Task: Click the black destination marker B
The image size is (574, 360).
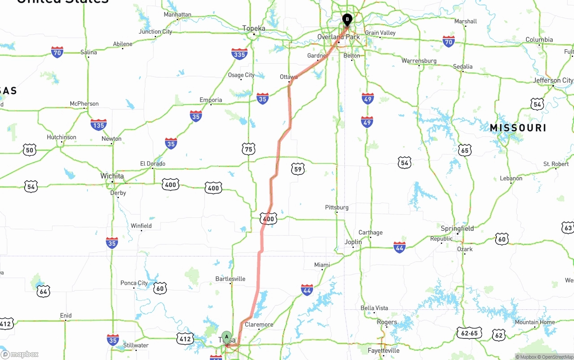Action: tap(347, 19)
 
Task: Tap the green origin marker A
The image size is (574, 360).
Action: tap(227, 336)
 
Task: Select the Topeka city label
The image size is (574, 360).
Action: tap(254, 28)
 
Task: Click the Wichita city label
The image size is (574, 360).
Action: tap(112, 176)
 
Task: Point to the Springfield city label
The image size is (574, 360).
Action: tap(457, 229)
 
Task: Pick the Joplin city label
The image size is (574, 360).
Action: tap(353, 242)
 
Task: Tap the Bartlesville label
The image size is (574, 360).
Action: tap(230, 279)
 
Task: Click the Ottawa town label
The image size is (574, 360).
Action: tap(289, 77)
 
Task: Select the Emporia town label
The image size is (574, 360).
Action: tap(211, 100)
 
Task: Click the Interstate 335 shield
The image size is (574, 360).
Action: tap(240, 54)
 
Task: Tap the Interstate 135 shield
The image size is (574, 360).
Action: tap(98, 124)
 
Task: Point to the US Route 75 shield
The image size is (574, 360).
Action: tap(248, 149)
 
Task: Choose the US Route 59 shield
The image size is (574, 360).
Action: tap(298, 169)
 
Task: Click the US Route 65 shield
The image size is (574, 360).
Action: tap(465, 150)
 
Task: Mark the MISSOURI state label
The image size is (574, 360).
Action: tap(518, 128)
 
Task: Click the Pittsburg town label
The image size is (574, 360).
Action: tap(337, 208)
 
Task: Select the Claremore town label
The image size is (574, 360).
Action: tap(259, 325)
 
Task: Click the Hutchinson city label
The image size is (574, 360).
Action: tap(61, 137)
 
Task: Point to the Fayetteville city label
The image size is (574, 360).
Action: tap(383, 351)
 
